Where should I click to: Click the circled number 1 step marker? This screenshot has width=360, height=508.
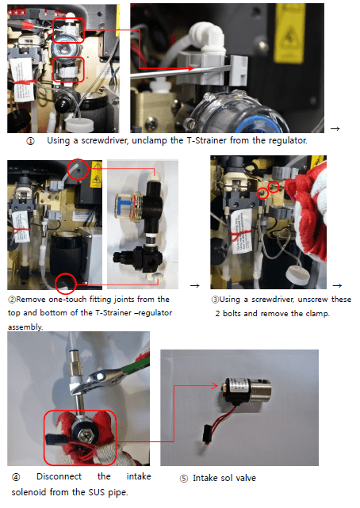coord(30,141)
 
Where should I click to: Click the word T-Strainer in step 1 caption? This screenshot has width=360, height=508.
coord(206,140)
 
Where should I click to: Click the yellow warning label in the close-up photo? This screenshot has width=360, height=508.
coord(289,33)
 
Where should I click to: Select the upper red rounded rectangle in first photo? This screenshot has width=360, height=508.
coord(68,30)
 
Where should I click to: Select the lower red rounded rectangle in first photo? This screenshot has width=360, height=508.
coord(68,69)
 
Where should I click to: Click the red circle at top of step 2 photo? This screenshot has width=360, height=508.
coord(78,169)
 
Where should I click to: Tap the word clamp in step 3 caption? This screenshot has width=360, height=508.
coord(317,314)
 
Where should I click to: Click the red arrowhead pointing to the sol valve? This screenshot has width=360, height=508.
coord(214,385)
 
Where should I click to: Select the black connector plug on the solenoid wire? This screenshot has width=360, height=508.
coord(208,434)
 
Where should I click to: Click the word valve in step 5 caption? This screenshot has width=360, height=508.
coord(246,478)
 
